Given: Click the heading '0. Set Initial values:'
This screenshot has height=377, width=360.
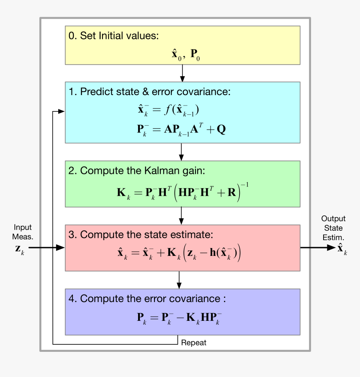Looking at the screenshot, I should coord(113,36).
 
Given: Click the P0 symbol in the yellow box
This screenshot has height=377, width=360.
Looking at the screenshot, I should coord(195,54).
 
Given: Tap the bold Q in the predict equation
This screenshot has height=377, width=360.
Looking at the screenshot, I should coord(221,129).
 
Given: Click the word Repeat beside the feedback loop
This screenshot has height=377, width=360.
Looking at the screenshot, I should coord(193,343).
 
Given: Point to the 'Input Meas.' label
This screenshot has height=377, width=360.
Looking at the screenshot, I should coord(23,232).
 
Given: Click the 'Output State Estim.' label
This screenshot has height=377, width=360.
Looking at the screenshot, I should coord(333,228).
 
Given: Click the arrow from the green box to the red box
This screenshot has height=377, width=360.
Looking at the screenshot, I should coord(181,216).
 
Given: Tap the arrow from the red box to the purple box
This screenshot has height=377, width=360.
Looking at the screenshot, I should coord(179,280).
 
